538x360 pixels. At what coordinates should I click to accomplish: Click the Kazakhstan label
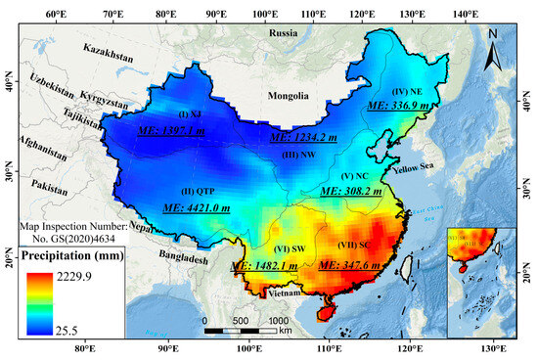(x=108, y=48)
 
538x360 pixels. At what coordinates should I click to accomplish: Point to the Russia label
(x=285, y=33)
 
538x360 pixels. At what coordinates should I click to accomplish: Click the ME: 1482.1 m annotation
(x=263, y=266)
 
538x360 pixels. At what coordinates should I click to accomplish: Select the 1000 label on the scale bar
(x=277, y=320)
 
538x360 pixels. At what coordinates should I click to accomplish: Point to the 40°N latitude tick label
(x=9, y=85)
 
